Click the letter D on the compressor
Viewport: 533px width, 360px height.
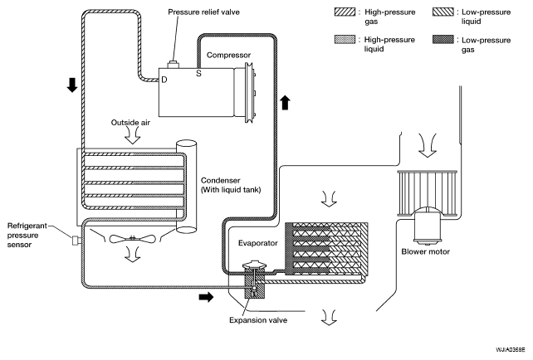click(x=164, y=80)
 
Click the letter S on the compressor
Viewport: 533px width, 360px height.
click(x=198, y=73)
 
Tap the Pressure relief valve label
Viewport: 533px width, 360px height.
click(x=203, y=12)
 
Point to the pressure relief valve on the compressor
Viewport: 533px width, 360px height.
click(x=174, y=65)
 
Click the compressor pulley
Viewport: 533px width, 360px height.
click(x=250, y=92)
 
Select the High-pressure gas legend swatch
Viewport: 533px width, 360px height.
click(x=345, y=12)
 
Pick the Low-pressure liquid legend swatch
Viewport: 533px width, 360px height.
click(x=443, y=12)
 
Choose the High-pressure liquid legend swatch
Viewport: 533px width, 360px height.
click(x=345, y=40)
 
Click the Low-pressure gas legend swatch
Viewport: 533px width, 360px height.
click(x=443, y=40)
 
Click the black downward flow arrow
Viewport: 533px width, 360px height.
click(x=72, y=85)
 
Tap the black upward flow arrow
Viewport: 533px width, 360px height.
click(x=286, y=102)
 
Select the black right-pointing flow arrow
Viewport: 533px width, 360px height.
click(x=206, y=297)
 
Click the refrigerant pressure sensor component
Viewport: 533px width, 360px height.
click(x=76, y=240)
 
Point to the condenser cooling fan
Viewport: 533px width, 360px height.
click(x=133, y=239)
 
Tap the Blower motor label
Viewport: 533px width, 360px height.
click(x=425, y=251)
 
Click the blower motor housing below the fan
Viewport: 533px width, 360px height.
click(x=428, y=227)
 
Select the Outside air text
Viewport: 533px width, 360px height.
click(x=130, y=123)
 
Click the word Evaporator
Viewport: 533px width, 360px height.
click(x=257, y=243)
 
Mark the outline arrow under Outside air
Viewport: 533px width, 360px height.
click(x=132, y=137)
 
